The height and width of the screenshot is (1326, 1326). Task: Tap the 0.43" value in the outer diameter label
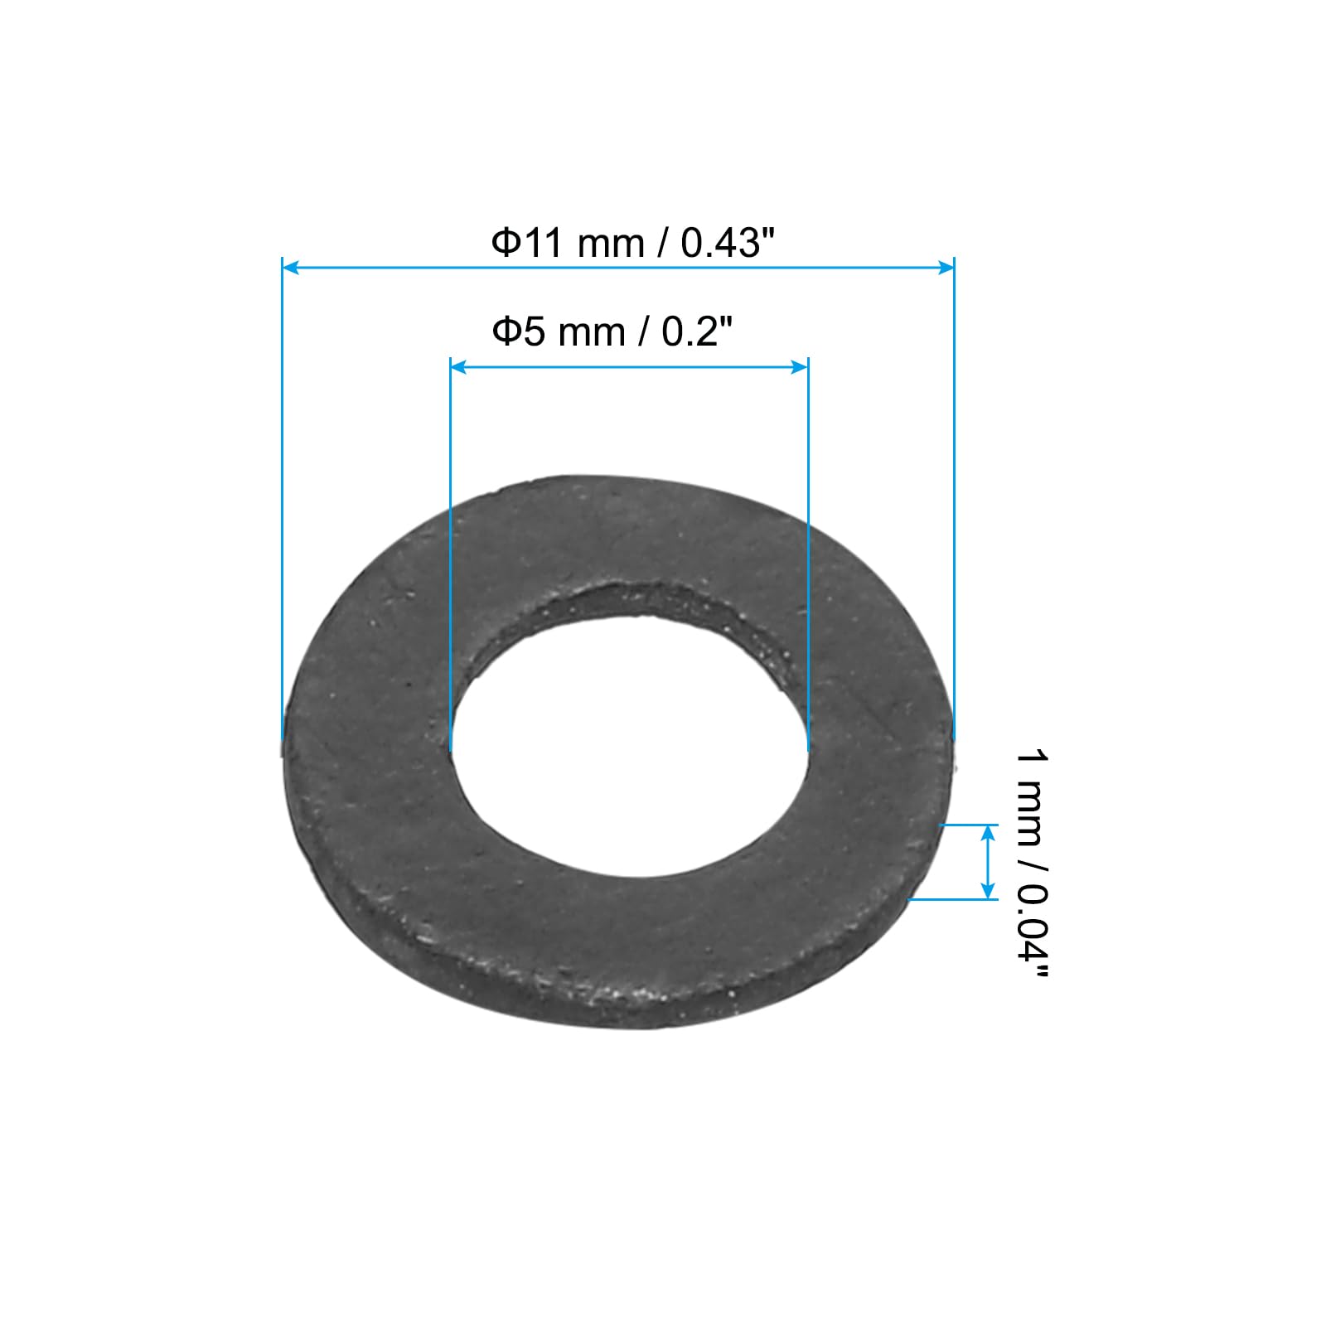click(727, 244)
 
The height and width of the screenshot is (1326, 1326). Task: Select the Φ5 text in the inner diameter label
click(519, 332)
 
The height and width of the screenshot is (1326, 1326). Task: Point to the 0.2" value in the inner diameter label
click(698, 332)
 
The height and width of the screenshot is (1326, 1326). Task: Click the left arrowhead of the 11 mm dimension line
click(290, 267)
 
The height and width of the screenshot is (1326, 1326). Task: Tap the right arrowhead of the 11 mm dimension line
click(946, 267)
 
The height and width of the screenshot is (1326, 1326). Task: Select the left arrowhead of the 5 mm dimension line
click(458, 366)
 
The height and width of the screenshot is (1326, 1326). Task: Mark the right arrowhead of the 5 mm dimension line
click(800, 366)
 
